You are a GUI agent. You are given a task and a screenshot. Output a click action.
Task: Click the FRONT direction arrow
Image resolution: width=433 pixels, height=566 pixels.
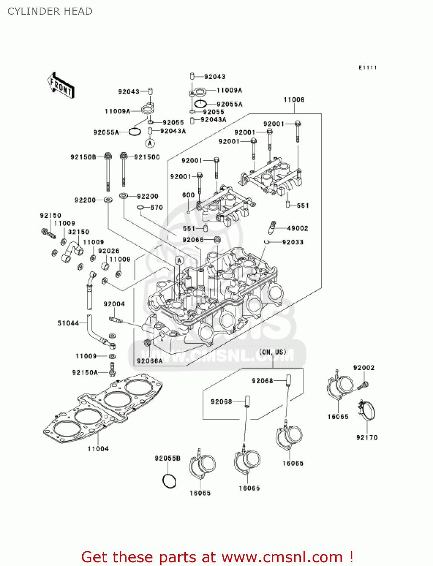tap(61, 85)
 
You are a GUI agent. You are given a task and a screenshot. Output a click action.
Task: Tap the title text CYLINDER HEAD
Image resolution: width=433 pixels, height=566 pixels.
tap(50, 11)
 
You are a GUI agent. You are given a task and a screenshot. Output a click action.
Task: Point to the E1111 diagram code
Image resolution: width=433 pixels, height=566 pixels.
tap(368, 68)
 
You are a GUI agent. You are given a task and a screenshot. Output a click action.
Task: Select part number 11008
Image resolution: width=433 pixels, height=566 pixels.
tap(294, 100)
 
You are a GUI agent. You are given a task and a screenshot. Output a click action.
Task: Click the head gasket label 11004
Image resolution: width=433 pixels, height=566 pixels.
tap(98, 449)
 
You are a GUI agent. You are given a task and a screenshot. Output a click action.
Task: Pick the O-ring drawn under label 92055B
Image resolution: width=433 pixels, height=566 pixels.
tap(169, 481)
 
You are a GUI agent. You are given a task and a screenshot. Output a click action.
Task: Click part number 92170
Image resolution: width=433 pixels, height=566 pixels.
tap(367, 437)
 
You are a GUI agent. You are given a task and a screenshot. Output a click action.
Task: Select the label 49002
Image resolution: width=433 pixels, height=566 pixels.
tap(297, 228)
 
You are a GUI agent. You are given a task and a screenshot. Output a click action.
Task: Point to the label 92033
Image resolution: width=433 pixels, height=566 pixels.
tap(293, 242)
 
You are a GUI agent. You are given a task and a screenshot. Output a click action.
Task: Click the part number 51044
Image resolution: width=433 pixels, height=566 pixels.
tap(68, 323)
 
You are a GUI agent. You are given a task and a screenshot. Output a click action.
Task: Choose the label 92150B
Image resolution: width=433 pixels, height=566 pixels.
tap(83, 157)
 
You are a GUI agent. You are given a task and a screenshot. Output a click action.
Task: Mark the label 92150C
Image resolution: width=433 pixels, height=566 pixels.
tap(147, 157)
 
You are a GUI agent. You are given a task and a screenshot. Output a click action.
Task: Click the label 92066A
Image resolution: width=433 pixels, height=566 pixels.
tap(149, 361)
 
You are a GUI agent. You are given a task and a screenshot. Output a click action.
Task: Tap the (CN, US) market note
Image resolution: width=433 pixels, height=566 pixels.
tap(273, 352)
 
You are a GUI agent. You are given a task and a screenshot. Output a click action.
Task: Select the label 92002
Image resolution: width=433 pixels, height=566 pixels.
tap(364, 368)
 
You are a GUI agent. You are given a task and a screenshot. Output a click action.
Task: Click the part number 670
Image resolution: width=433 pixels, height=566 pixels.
tap(157, 208)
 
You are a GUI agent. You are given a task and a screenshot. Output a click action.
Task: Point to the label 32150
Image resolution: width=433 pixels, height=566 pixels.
tap(79, 232)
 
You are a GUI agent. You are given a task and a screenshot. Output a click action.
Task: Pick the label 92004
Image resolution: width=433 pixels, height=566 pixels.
tap(114, 304)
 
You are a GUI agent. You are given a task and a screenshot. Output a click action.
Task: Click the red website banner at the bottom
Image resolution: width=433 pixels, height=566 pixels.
tap(217, 557)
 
